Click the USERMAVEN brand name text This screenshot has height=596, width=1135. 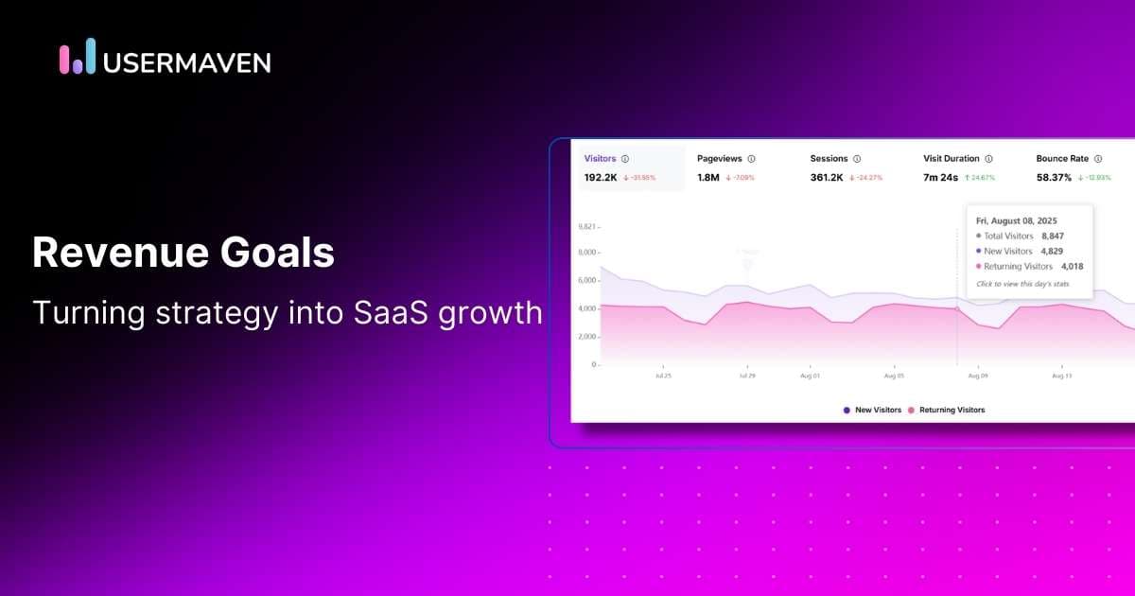tap(187, 62)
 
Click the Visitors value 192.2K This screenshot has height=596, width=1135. tap(601, 177)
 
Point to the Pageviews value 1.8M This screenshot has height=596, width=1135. tap(708, 177)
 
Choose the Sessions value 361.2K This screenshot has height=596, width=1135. tap(827, 177)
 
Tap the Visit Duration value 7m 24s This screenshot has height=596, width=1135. tap(941, 177)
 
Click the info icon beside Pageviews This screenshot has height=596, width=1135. tap(751, 159)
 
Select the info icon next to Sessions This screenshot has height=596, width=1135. tap(857, 159)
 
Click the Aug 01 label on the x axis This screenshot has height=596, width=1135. tap(810, 376)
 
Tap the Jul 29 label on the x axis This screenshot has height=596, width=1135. tap(747, 376)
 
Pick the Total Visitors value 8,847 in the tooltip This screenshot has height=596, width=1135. tap(1053, 236)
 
